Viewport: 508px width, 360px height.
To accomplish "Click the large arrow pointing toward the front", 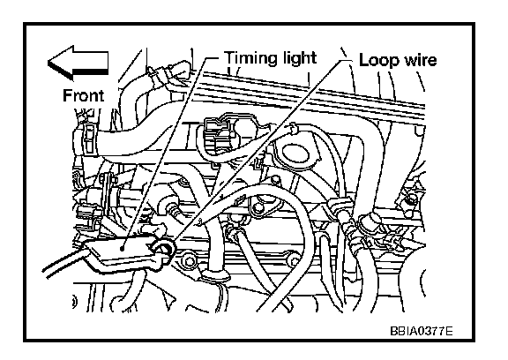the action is pyautogui.click(x=78, y=63).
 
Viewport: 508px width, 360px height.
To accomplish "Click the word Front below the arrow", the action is pyautogui.click(x=83, y=95).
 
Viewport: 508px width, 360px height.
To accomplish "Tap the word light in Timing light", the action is pyautogui.click(x=295, y=58).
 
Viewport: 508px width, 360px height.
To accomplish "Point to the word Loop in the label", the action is pyautogui.click(x=377, y=60).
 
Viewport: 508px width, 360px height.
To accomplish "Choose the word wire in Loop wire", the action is pyautogui.click(x=419, y=60).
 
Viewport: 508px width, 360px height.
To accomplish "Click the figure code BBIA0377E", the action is pyautogui.click(x=422, y=331).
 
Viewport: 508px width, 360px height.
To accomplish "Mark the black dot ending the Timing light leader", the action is pyautogui.click(x=122, y=249).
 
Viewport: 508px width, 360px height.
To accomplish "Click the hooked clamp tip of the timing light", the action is pyautogui.click(x=164, y=248).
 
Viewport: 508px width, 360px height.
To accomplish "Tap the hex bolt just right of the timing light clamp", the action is pyautogui.click(x=188, y=261).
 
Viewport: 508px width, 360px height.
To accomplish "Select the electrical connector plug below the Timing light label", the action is pyautogui.click(x=215, y=134).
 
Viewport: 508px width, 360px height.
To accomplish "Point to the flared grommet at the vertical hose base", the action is pyautogui.click(x=215, y=277).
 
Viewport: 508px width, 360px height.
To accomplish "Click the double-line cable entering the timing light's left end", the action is pyautogui.click(x=64, y=262).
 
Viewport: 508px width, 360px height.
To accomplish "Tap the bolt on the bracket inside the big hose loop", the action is pyautogui.click(x=258, y=208).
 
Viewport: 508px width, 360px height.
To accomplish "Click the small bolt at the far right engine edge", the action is pyautogui.click(x=412, y=199).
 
